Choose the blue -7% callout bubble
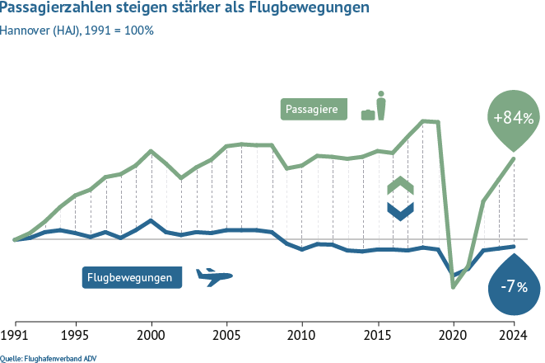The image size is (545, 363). point(514,286)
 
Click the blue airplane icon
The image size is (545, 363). point(213,277)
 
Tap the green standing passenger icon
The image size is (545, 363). point(380,106)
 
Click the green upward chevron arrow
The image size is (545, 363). point(400,185)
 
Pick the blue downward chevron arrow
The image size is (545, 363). point(400,210)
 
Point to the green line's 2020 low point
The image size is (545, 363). point(453,287)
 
